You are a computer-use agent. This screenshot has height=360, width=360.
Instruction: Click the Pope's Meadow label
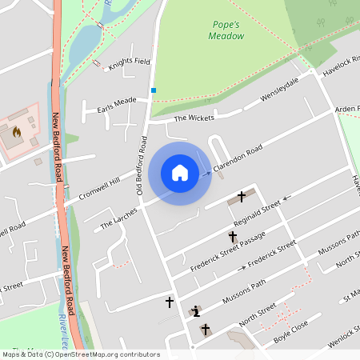pyautogui.click(x=225, y=30)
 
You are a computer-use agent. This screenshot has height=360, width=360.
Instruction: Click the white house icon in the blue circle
pyautogui.click(x=180, y=173)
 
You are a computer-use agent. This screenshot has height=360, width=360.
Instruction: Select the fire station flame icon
pyautogui.click(x=16, y=132)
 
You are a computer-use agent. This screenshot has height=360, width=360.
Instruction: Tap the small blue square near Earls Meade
pyautogui.click(x=153, y=90)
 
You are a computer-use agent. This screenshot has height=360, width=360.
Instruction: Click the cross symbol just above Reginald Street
pyautogui.click(x=242, y=196)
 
